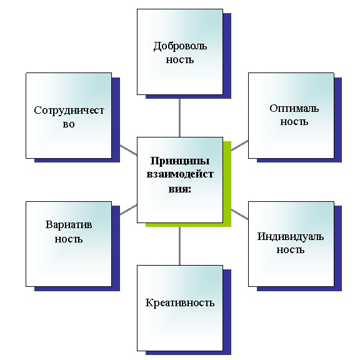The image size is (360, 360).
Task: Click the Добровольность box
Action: click(x=180, y=52)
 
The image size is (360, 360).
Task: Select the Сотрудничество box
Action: click(x=69, y=116)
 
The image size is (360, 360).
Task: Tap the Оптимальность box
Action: click(x=291, y=116)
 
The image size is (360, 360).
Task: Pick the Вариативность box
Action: click(x=69, y=244)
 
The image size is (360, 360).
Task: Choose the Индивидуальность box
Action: click(x=291, y=244)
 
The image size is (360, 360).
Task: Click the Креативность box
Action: click(x=180, y=308)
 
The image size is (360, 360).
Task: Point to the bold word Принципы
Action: click(x=180, y=161)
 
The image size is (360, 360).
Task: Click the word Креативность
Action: click(x=180, y=303)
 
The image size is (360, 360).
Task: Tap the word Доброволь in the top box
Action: click(x=180, y=46)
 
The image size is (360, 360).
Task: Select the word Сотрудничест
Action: click(x=69, y=111)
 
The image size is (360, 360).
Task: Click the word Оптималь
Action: click(x=294, y=108)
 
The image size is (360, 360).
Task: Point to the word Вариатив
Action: click(x=69, y=224)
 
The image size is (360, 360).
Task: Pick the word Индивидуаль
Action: click(x=291, y=237)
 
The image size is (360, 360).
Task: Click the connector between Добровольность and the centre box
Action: click(x=179, y=117)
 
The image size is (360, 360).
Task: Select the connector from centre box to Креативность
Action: click(x=179, y=246)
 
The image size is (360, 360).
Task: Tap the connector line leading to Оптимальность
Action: click(x=240, y=146)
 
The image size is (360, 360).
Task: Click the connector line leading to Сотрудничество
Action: click(x=128, y=150)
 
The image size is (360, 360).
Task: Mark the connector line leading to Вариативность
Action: click(x=128, y=209)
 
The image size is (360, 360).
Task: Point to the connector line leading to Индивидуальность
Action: click(x=240, y=214)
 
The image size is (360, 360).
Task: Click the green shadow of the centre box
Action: click(x=227, y=184)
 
